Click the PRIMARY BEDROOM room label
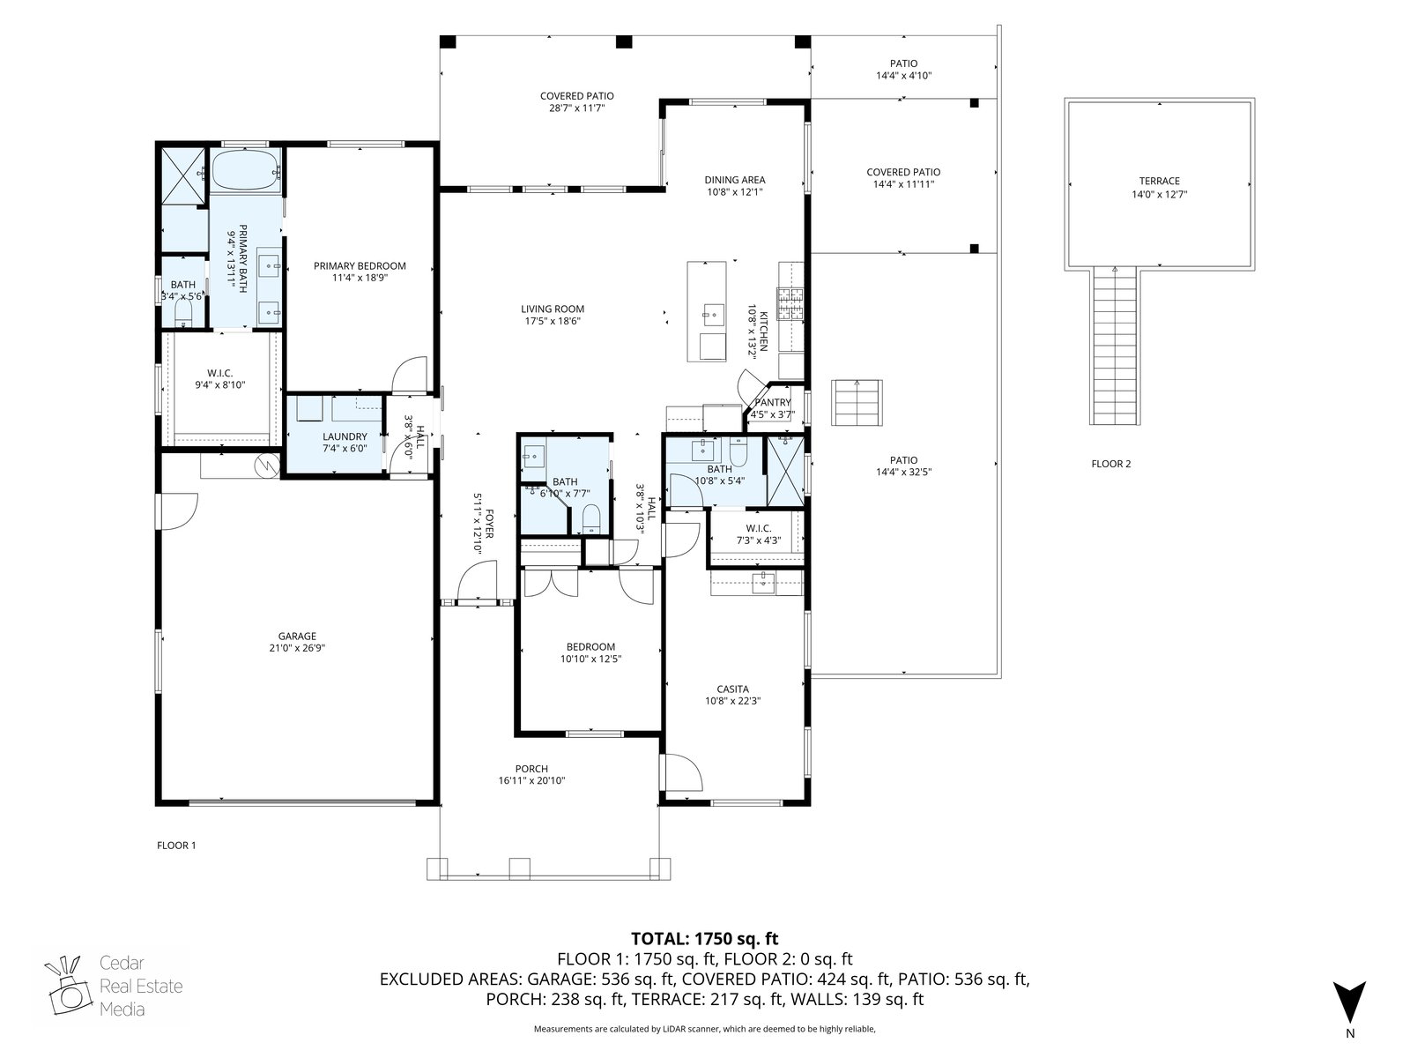(360, 266)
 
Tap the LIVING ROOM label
(553, 309)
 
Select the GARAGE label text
(297, 637)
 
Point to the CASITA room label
(733, 689)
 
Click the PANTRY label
(773, 403)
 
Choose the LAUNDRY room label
(345, 436)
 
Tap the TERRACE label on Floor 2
(1160, 181)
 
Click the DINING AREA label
(735, 180)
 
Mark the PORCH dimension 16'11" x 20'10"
(532, 781)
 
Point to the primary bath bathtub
(246, 170)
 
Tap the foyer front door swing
(478, 580)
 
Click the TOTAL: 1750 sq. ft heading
(705, 938)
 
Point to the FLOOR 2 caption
(1111, 464)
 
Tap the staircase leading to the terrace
(1115, 346)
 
